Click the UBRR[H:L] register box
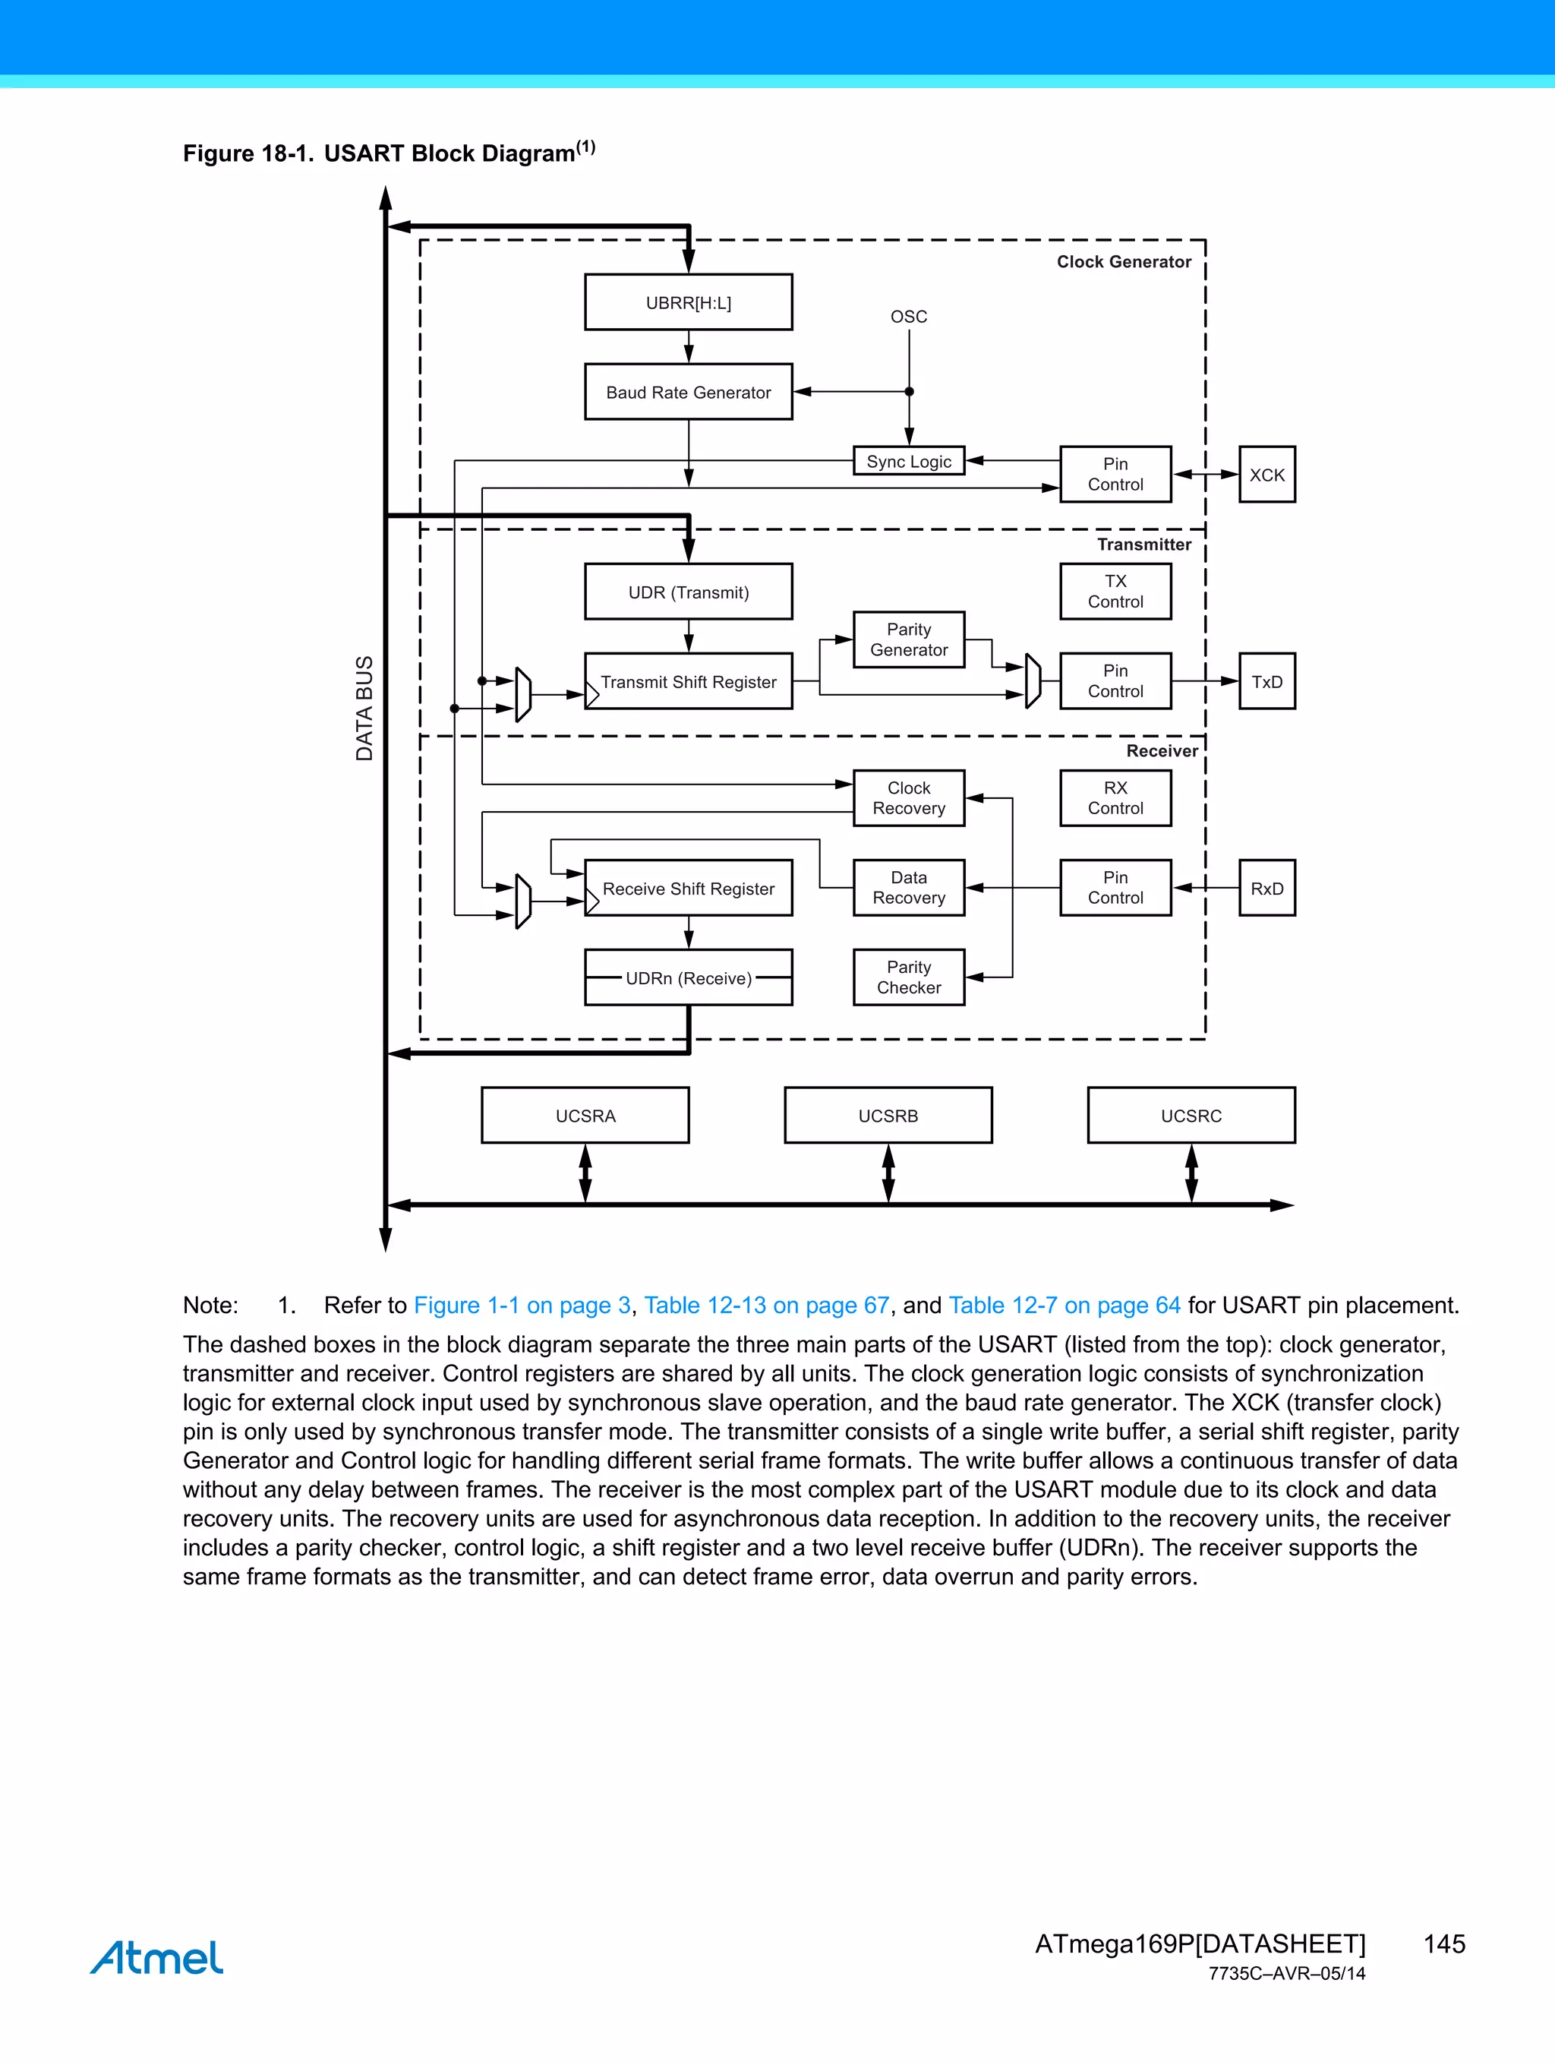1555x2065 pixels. tap(688, 302)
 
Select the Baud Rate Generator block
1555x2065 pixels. tap(688, 392)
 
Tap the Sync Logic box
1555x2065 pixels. tap(908, 461)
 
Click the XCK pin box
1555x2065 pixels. tap(1266, 474)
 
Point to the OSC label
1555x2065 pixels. tap(908, 317)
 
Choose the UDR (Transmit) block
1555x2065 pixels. tap(688, 592)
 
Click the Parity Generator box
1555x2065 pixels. tap(908, 639)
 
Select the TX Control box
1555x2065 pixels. tap(1115, 592)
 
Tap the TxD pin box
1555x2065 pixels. tap(1266, 681)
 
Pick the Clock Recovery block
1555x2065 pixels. tap(908, 798)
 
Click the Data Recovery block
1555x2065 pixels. tap(908, 888)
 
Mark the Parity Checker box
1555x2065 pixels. tap(908, 977)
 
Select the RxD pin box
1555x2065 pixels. tap(1266, 888)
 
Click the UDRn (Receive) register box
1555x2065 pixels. tap(688, 977)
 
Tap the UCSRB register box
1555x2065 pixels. tap(888, 1116)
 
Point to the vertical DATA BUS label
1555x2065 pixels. tap(364, 708)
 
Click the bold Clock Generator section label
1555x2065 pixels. tap(1123, 262)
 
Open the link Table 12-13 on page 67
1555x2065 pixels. tap(766, 1305)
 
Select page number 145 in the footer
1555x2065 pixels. tap(1444, 1943)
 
